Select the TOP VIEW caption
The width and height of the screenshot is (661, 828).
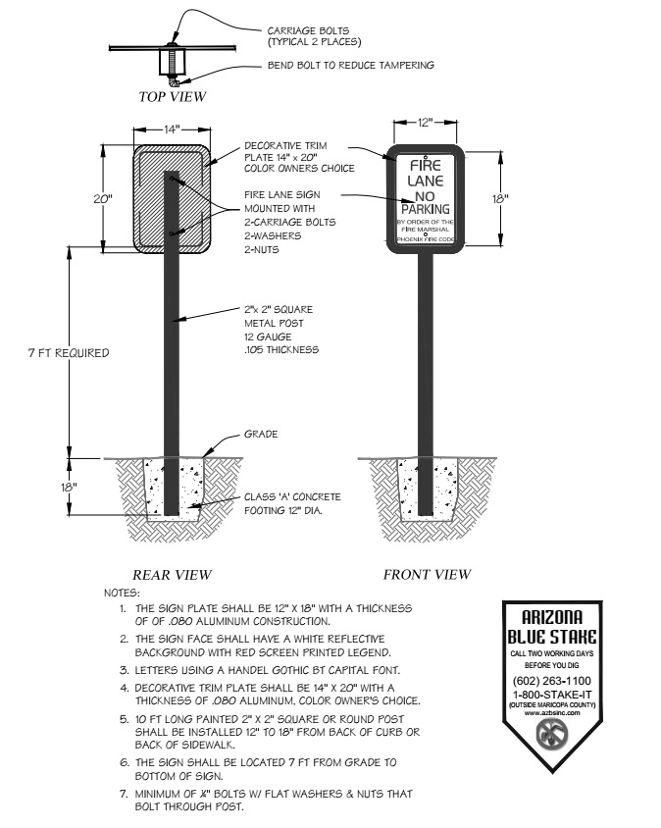click(172, 97)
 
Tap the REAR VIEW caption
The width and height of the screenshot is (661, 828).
click(173, 575)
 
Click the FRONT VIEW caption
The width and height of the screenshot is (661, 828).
click(427, 575)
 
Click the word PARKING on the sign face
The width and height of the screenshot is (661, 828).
click(424, 209)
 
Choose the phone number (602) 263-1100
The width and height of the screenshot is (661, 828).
click(552, 680)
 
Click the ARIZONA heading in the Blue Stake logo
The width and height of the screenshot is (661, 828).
click(552, 617)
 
